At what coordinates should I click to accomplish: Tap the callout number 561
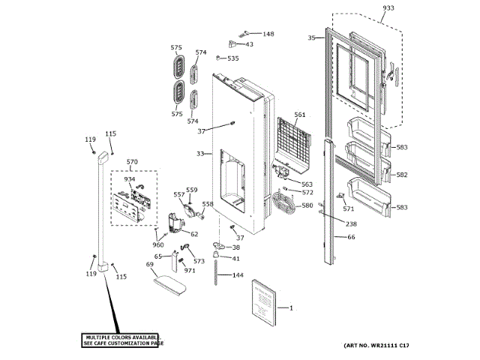[300, 115]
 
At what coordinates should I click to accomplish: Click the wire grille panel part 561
[292, 140]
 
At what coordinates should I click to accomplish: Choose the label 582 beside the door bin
[402, 175]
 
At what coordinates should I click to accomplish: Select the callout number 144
[238, 275]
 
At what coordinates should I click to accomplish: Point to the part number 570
[132, 162]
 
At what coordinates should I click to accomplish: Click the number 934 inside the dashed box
[130, 179]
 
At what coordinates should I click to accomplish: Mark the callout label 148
[268, 34]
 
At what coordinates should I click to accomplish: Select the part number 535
[233, 58]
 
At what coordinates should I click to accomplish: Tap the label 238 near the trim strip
[351, 224]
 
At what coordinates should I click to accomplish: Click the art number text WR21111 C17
[376, 345]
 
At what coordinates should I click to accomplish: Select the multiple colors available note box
[123, 340]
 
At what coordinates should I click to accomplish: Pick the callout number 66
[350, 237]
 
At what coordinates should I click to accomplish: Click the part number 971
[190, 270]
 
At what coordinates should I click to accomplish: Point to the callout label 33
[200, 154]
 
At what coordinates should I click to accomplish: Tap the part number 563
[307, 184]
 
